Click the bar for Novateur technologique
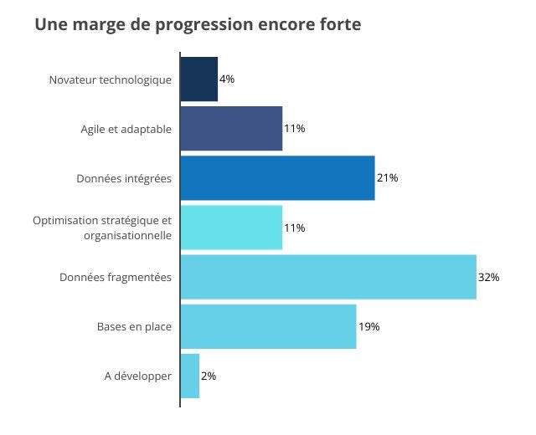199,79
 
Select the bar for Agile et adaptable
232,129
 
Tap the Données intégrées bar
278,178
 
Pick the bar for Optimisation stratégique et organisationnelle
232,228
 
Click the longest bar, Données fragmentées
328,277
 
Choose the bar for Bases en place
269,326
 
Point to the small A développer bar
190,376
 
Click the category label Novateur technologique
111,79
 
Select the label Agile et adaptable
126,129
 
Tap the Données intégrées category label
124,178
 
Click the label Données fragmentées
116,277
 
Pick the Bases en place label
134,326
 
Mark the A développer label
138,376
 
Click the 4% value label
227,79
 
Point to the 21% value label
387,178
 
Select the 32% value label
489,277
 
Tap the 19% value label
369,326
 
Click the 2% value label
209,376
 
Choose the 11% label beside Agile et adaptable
295,129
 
